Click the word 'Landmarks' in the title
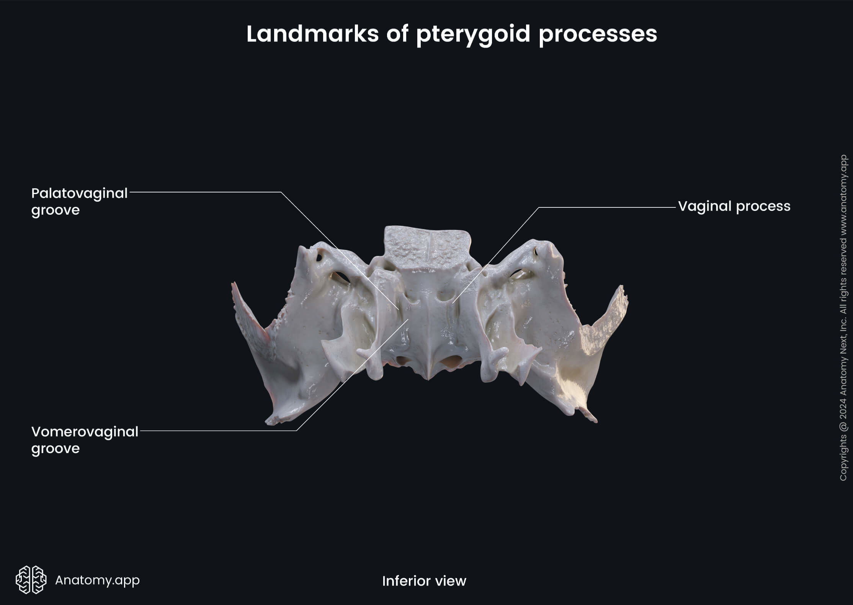click(x=312, y=34)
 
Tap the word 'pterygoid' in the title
click(x=473, y=34)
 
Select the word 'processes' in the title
click(x=598, y=34)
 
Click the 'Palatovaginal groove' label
click(x=79, y=201)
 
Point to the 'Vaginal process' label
click(x=734, y=206)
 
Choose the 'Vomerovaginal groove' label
click(x=85, y=440)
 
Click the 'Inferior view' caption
click(x=424, y=581)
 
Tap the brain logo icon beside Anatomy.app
click(x=31, y=580)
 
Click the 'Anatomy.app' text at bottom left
click(x=97, y=580)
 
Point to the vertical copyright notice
click(x=843, y=318)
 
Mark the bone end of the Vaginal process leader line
click(x=453, y=303)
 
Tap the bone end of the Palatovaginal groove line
click(x=399, y=309)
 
